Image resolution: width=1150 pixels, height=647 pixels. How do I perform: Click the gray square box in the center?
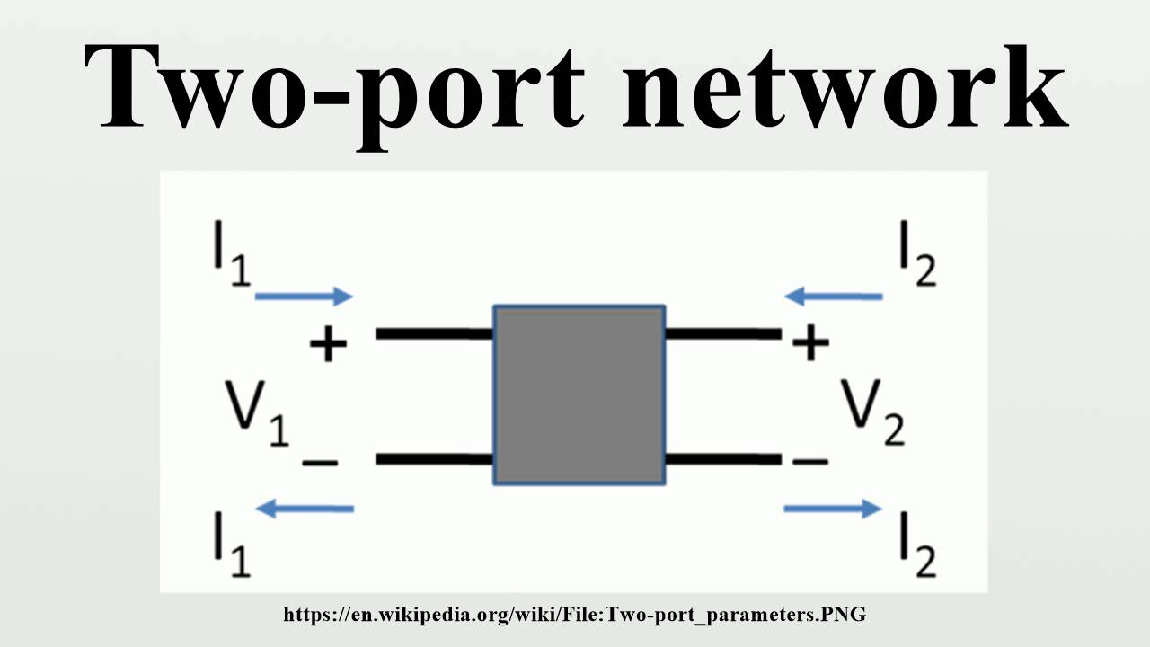[x=579, y=395]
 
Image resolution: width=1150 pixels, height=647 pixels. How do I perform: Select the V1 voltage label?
[x=257, y=415]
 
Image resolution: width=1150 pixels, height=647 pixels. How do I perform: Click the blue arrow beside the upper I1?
[x=305, y=296]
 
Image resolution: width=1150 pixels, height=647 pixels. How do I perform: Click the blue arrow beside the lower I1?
[x=305, y=509]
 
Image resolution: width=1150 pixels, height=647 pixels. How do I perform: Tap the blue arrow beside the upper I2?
[x=833, y=296]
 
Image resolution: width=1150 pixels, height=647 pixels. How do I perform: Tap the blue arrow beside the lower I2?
[x=833, y=509]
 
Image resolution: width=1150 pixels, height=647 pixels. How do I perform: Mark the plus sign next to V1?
[x=328, y=343]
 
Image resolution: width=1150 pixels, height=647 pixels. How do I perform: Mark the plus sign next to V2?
[x=810, y=342]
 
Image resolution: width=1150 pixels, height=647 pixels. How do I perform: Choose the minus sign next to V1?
[x=320, y=463]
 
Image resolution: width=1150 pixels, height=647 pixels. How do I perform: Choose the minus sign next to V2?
[x=810, y=461]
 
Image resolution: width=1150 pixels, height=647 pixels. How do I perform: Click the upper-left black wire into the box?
[x=434, y=333]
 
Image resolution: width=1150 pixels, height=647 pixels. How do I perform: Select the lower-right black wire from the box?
[x=722, y=459]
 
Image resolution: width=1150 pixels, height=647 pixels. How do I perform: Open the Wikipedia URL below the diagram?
[x=575, y=616]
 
